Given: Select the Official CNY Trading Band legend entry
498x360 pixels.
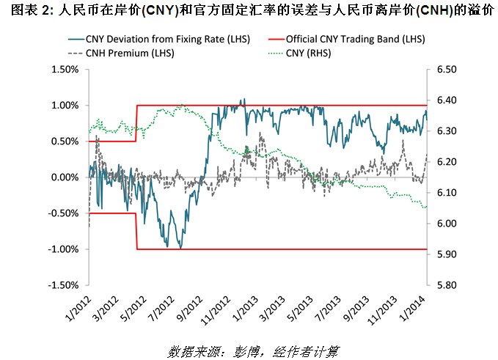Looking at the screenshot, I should tap(355, 38).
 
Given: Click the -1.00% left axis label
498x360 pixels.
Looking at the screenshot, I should tap(63, 249).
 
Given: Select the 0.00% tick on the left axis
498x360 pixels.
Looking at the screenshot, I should tap(65, 177).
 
